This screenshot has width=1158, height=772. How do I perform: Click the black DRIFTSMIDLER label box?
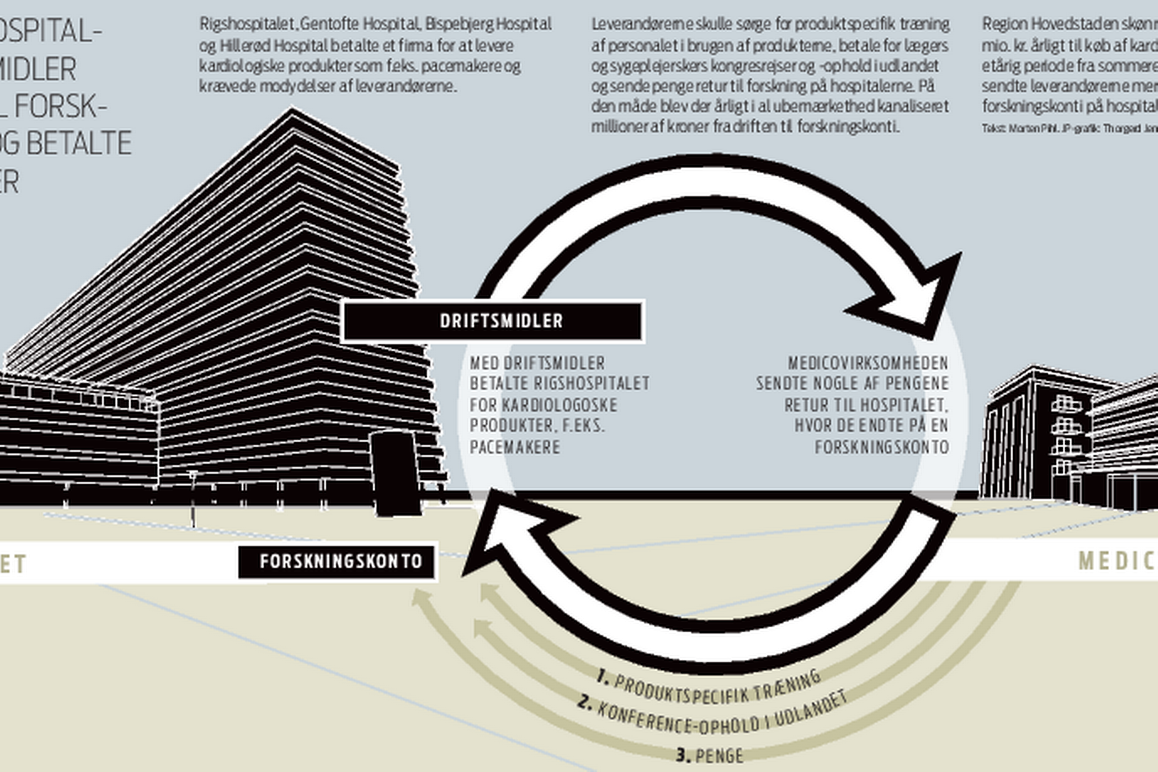(492, 321)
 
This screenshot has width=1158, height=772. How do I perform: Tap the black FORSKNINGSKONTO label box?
(338, 561)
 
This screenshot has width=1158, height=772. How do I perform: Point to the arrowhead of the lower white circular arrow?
(507, 537)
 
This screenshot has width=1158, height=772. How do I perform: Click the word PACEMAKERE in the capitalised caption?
(514, 447)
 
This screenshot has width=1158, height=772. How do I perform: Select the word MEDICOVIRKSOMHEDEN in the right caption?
(868, 363)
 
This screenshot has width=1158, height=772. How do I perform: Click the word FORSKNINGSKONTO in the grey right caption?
(881, 447)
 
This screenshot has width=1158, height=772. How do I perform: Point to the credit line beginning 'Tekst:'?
(1068, 128)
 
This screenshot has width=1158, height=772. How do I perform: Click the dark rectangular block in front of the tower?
(395, 473)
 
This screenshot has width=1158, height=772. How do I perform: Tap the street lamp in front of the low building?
(193, 497)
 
